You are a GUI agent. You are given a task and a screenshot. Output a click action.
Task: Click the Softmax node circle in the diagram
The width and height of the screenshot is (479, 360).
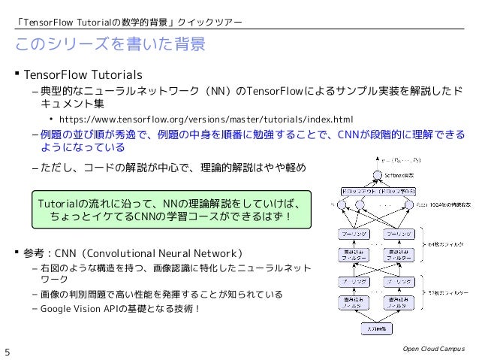(x=372, y=174)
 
